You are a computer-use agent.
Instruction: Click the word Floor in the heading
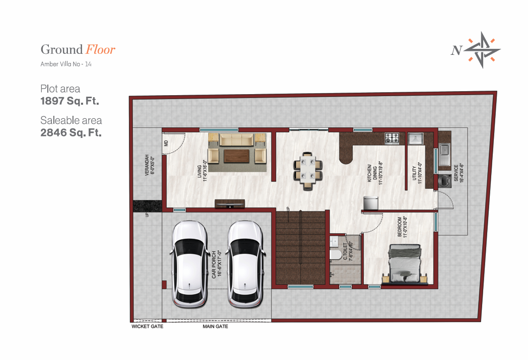pyautogui.click(x=100, y=49)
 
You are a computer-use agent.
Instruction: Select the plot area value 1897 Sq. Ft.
pyautogui.click(x=69, y=101)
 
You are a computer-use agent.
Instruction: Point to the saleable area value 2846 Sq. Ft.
pyautogui.click(x=71, y=133)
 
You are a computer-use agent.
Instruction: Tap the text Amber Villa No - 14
pyautogui.click(x=66, y=64)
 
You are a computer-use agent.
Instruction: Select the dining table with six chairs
pyautogui.click(x=308, y=169)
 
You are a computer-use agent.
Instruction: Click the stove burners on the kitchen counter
pyautogui.click(x=392, y=137)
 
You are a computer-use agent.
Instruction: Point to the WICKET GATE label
pyautogui.click(x=147, y=326)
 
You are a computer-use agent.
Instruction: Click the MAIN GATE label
pyautogui.click(x=215, y=326)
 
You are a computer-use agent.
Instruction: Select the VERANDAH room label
pyautogui.click(x=148, y=165)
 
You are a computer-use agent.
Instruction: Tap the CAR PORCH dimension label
pyautogui.click(x=217, y=264)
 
